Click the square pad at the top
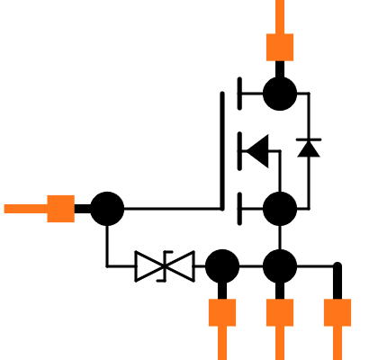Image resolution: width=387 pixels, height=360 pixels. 280,47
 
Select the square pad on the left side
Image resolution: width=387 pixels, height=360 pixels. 60,209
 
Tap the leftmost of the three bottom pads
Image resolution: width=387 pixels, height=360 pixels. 222,312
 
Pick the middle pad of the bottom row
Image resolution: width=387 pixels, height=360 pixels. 280,312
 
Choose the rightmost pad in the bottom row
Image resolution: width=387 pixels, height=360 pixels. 337,312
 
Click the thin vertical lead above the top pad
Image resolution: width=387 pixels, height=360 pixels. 280,16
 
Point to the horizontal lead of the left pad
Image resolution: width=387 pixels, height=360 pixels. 25,209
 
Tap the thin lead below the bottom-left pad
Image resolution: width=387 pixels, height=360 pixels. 222,343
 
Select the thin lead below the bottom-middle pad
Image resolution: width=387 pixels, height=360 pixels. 280,343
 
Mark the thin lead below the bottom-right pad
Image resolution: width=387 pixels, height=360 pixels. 337,343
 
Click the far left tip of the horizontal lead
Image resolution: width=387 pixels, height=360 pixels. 5,209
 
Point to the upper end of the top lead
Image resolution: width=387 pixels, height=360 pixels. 280,3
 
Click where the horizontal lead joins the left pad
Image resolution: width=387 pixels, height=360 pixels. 48,209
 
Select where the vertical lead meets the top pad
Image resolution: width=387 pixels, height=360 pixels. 280,34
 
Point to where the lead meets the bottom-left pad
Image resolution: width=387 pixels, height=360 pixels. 222,326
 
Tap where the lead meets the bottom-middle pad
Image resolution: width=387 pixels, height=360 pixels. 280,326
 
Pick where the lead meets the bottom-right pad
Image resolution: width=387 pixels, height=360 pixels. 337,326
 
